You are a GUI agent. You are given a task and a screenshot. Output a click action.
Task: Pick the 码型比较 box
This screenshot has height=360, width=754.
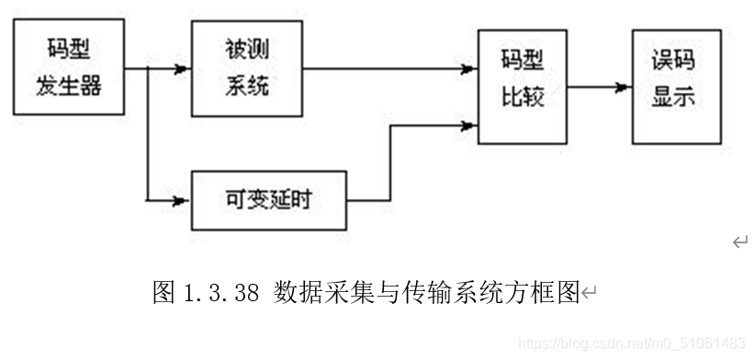point(522,85)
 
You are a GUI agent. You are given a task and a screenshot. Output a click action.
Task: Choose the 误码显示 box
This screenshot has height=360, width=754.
point(676,85)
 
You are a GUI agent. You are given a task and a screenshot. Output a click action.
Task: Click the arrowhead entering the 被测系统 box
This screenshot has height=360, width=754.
point(183,68)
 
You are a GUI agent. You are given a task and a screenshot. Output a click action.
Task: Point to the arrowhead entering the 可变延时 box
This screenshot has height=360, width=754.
point(183,199)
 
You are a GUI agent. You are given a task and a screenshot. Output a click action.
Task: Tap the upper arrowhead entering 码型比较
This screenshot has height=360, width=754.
point(468,68)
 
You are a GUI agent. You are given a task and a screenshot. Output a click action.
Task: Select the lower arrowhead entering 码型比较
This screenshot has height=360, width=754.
point(468,124)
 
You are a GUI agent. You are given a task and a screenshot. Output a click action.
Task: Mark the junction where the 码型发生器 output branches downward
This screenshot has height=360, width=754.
point(147,68)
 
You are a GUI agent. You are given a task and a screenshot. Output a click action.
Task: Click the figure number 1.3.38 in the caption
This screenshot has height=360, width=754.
point(222,293)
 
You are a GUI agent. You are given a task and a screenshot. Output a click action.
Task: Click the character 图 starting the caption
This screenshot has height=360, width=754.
point(163,293)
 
